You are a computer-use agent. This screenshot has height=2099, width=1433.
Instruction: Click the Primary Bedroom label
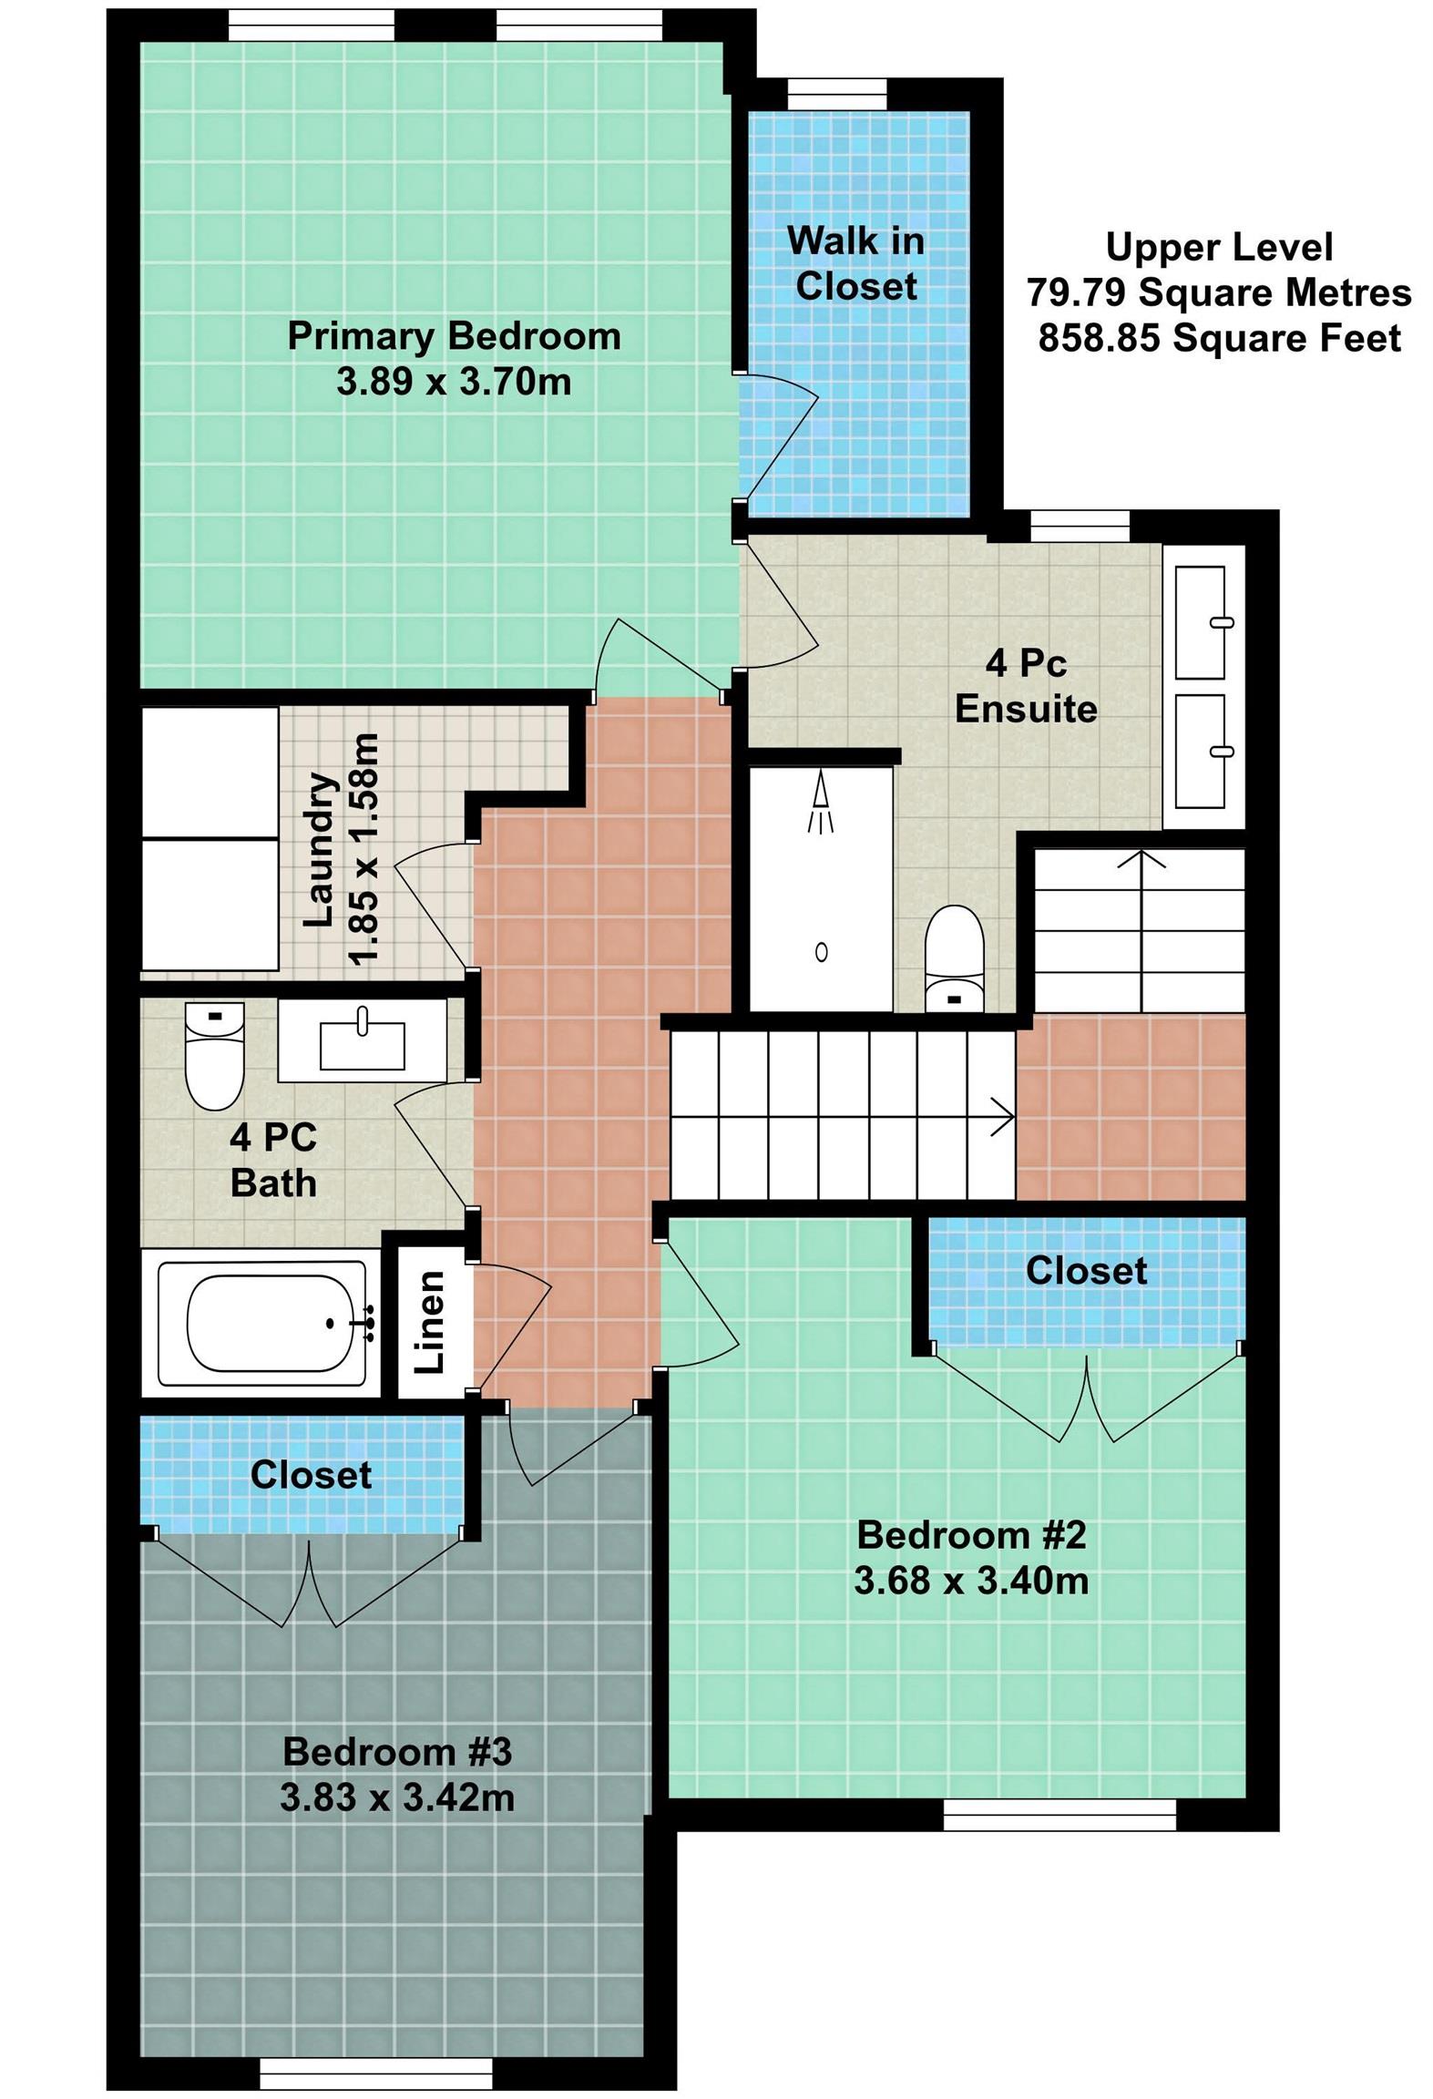tap(453, 336)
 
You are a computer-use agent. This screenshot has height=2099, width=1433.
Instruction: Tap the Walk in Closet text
tap(855, 263)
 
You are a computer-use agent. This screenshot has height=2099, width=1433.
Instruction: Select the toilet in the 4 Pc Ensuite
tap(953, 957)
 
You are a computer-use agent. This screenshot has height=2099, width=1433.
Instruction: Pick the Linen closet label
tap(430, 1322)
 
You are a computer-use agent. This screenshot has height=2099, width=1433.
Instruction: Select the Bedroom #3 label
tap(397, 1752)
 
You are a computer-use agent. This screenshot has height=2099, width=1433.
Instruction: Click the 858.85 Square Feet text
tap(1218, 338)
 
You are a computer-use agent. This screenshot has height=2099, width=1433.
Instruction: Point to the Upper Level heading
tap(1218, 247)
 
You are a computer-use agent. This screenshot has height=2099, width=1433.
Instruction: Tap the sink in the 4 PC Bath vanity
tap(362, 1044)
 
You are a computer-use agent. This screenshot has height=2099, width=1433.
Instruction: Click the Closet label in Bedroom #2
tap(1085, 1270)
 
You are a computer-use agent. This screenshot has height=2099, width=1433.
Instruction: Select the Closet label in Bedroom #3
tap(311, 1474)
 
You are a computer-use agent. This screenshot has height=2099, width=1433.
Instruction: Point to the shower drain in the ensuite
tap(821, 952)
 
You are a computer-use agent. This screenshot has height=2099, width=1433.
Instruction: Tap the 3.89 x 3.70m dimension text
tap(453, 381)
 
